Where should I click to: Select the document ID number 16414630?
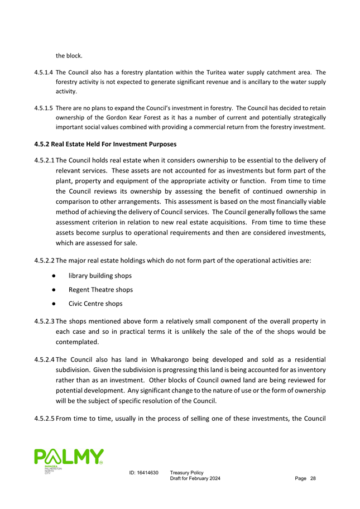[147, 473]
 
